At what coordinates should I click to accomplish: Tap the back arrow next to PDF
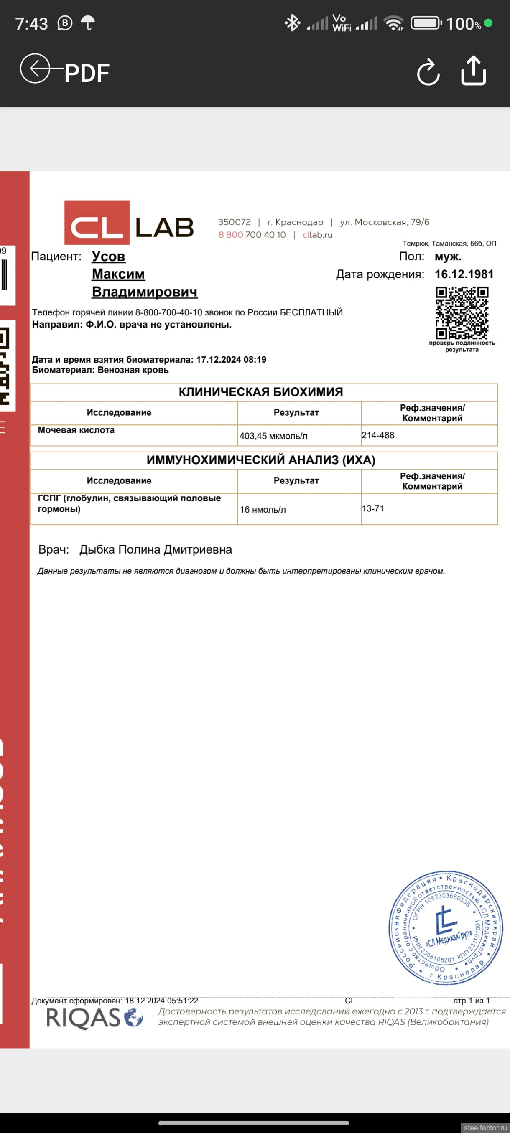(x=35, y=69)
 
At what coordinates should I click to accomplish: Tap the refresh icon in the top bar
(x=428, y=72)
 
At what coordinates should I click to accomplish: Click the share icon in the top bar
(x=474, y=70)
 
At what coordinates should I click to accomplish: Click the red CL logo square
(x=97, y=223)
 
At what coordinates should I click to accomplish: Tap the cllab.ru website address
(x=317, y=235)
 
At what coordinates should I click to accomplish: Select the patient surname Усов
(x=108, y=257)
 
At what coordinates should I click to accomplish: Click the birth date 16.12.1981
(x=464, y=274)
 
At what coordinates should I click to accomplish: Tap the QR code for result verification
(x=462, y=313)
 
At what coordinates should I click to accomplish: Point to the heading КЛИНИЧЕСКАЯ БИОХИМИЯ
(x=260, y=392)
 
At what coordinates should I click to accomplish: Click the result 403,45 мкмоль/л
(x=273, y=436)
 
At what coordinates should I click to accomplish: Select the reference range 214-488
(x=378, y=435)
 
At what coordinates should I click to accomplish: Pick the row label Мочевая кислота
(x=76, y=430)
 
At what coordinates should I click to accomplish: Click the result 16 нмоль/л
(x=263, y=509)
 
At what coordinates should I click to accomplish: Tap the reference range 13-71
(x=373, y=508)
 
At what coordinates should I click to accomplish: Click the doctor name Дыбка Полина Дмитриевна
(x=156, y=549)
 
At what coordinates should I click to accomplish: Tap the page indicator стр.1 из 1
(x=471, y=1001)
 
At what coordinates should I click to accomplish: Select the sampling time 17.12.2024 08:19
(x=231, y=360)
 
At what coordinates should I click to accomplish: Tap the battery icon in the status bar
(x=426, y=23)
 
